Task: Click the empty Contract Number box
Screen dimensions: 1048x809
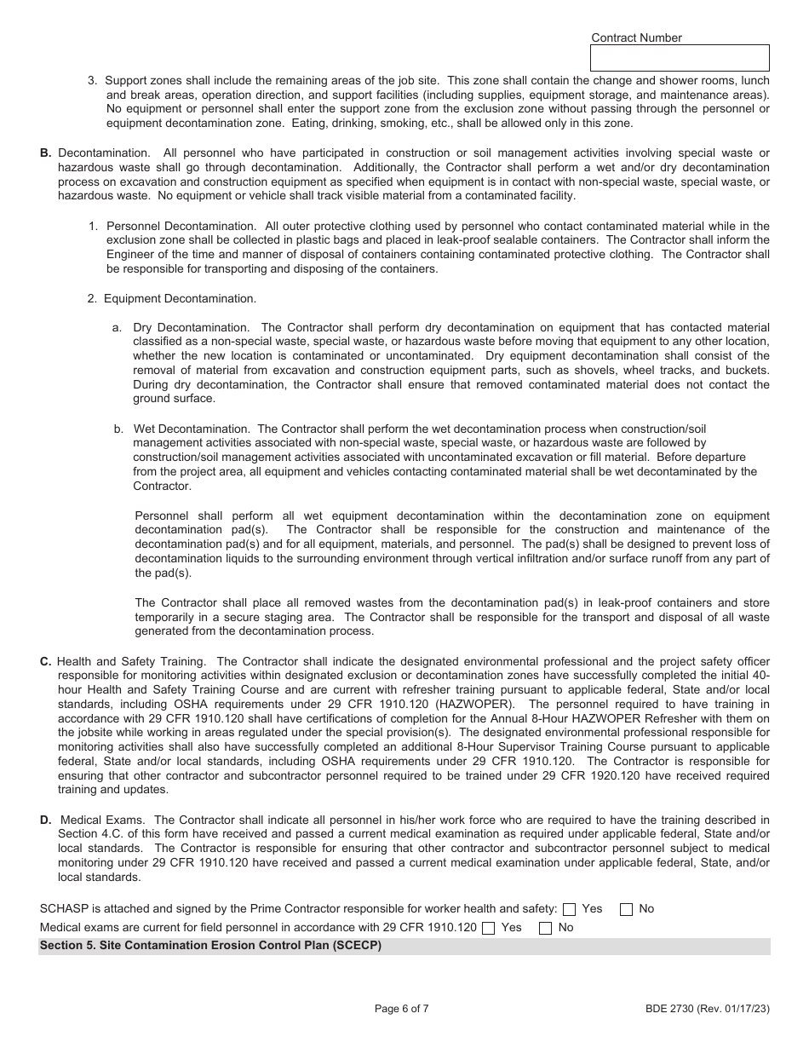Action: (x=679, y=58)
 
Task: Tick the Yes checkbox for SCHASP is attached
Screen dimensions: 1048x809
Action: (x=570, y=909)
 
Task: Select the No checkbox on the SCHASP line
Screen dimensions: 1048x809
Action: (x=626, y=909)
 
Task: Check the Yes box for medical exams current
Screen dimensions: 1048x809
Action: (x=488, y=928)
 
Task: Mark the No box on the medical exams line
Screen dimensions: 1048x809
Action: (x=545, y=928)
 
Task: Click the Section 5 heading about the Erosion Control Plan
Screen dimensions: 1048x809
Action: (x=210, y=946)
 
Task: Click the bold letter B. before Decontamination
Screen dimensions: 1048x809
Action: (x=46, y=153)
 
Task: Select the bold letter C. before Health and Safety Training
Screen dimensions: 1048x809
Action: (x=46, y=661)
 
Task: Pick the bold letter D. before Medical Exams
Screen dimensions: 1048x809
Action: (x=46, y=821)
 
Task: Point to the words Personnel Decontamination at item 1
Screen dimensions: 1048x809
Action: (x=181, y=226)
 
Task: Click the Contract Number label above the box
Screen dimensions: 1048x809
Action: (x=636, y=37)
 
